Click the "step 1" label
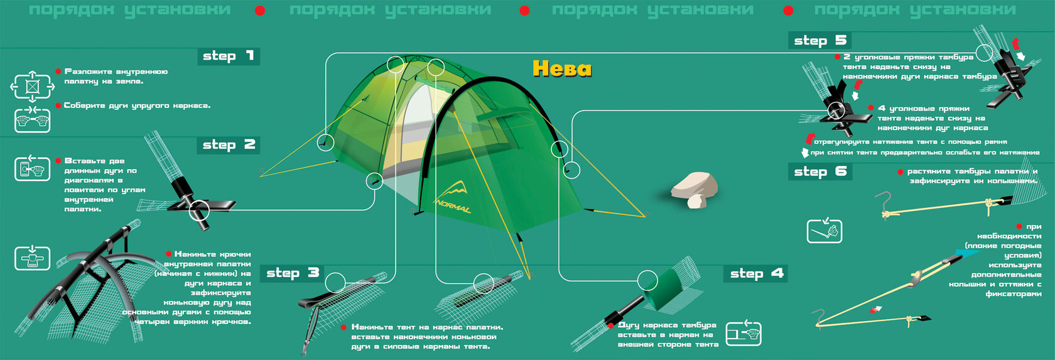(x=228, y=56)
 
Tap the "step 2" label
(x=228, y=145)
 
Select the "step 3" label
(x=293, y=273)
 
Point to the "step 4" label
(x=756, y=273)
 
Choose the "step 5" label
(x=820, y=41)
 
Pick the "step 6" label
(x=820, y=172)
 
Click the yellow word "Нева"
(x=562, y=68)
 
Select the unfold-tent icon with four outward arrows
(x=32, y=86)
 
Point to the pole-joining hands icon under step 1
(x=32, y=119)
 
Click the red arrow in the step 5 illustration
(x=1015, y=44)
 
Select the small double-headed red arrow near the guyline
(x=875, y=310)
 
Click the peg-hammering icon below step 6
(x=824, y=231)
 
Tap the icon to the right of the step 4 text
(x=744, y=333)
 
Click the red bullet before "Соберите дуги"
(x=58, y=106)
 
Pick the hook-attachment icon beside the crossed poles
(x=32, y=258)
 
